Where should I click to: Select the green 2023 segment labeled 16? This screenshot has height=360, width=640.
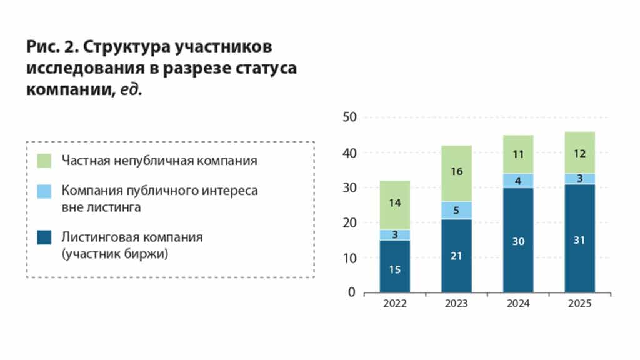coord(456,173)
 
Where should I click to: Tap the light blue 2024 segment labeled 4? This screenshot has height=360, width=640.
coord(518,181)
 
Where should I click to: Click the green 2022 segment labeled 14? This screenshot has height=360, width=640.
coord(395,205)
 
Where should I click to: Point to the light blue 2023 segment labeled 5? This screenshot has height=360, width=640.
coord(456,210)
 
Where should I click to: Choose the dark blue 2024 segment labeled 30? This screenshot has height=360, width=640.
coord(518,239)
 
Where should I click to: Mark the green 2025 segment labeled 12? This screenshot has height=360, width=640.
coord(579,152)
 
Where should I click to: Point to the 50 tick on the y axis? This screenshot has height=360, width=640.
coord(349,117)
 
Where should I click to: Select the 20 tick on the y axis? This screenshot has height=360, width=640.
coord(349,223)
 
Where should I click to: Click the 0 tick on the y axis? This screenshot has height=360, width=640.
coord(352,292)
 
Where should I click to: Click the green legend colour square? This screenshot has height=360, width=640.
coord(45,161)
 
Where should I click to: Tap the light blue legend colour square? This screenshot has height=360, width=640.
coord(45,191)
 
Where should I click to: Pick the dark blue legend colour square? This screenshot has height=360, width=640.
coord(45,238)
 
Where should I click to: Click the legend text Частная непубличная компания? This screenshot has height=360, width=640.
coord(159,161)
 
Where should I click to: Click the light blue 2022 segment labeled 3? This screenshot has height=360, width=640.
coord(395,234)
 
